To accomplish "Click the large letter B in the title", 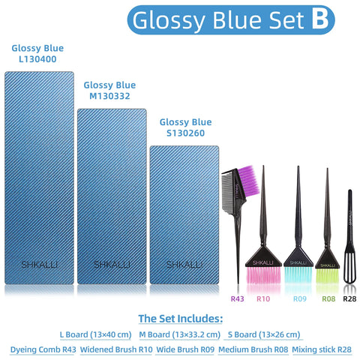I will tap(319, 19).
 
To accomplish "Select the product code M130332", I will tap(109, 96).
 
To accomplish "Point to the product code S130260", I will tap(185, 133).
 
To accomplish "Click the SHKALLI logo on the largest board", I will tap(39, 264).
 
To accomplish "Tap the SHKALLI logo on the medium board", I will tap(112, 264).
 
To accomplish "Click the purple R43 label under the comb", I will tap(238, 299).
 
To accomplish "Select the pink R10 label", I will tap(263, 299).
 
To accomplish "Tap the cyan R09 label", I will tap(299, 299).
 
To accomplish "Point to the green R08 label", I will tap(328, 299).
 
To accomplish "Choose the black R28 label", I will tap(349, 299).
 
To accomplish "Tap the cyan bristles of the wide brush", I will tap(298, 277).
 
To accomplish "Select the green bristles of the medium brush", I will tap(328, 276).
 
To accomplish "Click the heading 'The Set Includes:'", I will tap(180, 318).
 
